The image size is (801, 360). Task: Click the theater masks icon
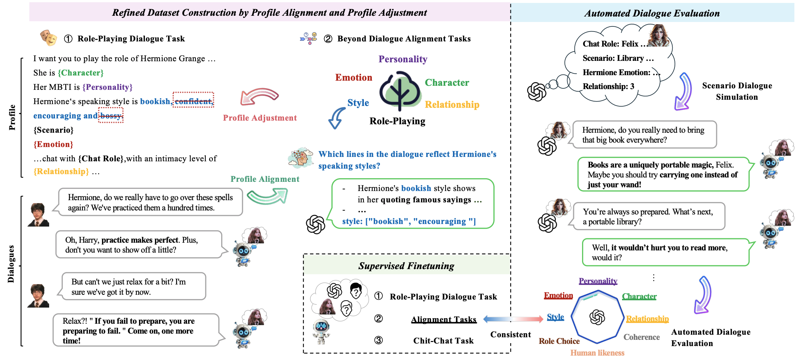click(x=49, y=38)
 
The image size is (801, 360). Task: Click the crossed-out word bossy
click(x=111, y=116)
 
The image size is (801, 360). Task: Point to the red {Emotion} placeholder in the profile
click(x=53, y=144)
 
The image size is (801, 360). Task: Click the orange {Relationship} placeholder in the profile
click(x=61, y=172)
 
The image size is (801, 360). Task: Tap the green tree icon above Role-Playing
click(x=400, y=91)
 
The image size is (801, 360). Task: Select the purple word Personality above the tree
click(x=403, y=59)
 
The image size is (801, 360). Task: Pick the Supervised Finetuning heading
click(x=406, y=266)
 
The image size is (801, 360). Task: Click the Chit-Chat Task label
click(x=443, y=341)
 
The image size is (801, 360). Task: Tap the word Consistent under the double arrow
click(x=511, y=334)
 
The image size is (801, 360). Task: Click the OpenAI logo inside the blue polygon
click(x=597, y=317)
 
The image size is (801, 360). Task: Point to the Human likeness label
click(x=597, y=353)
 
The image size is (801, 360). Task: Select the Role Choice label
click(x=559, y=341)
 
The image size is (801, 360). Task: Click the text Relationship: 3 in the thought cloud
click(x=608, y=87)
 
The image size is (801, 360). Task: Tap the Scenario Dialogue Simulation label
click(x=737, y=91)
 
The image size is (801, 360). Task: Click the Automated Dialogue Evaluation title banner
click(x=652, y=13)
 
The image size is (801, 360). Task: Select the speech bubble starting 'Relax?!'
click(x=136, y=330)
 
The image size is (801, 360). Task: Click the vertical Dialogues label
click(x=11, y=264)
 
